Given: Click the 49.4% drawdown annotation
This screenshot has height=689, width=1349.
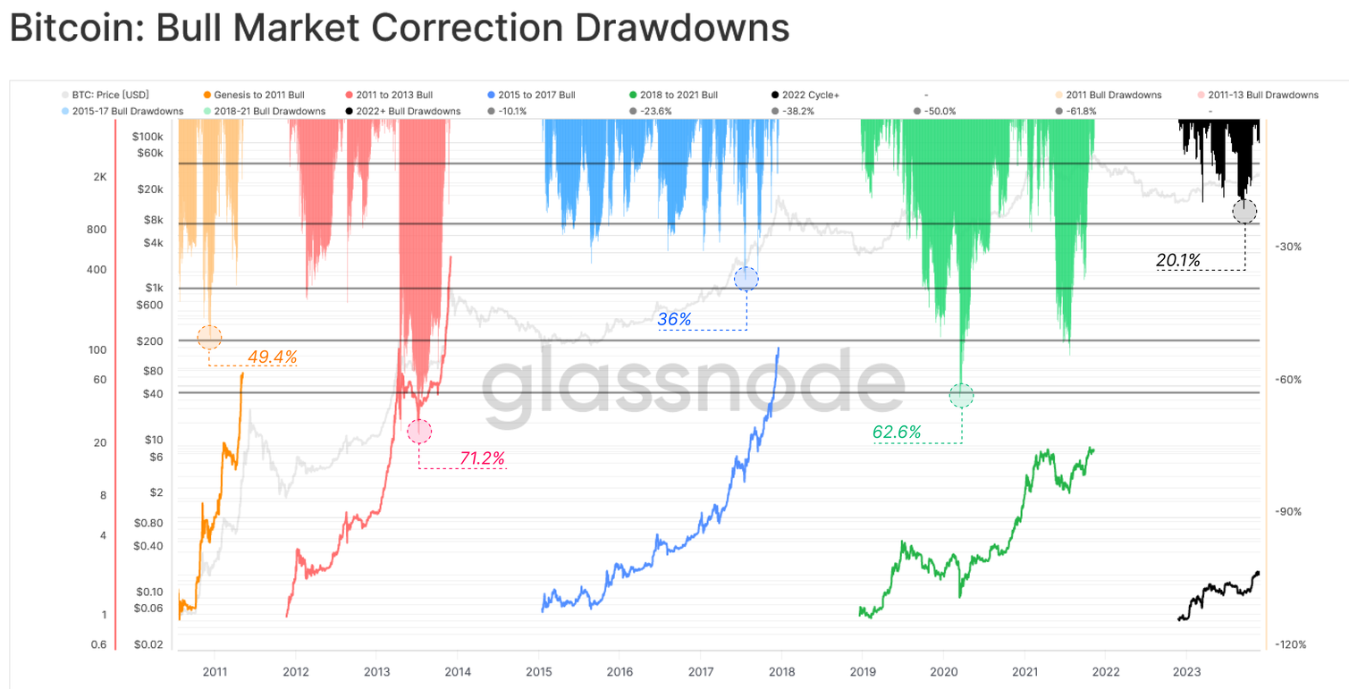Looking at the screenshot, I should coord(272,357).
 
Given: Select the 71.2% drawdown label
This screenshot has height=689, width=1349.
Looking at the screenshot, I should coord(483,459).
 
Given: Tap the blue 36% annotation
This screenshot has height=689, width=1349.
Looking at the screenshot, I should coord(674,318).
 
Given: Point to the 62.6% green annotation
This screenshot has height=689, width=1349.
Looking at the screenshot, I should coord(897,433).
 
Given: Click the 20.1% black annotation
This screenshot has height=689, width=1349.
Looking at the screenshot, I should coord(1177,260).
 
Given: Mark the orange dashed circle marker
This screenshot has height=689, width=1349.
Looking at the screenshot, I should coord(209,337).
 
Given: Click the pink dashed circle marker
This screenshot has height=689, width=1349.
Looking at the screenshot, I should coord(419,432).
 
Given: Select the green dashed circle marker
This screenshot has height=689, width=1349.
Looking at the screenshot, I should coord(961,395).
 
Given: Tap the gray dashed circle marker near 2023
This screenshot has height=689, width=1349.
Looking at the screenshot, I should coord(1244,212).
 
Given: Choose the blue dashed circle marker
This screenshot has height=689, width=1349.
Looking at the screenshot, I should coord(746,279).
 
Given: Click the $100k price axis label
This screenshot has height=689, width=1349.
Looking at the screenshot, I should coord(147,137).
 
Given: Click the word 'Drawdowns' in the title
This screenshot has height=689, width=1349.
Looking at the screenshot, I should coord(681,29).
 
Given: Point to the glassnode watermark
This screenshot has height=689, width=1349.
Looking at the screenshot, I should coord(693,386).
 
